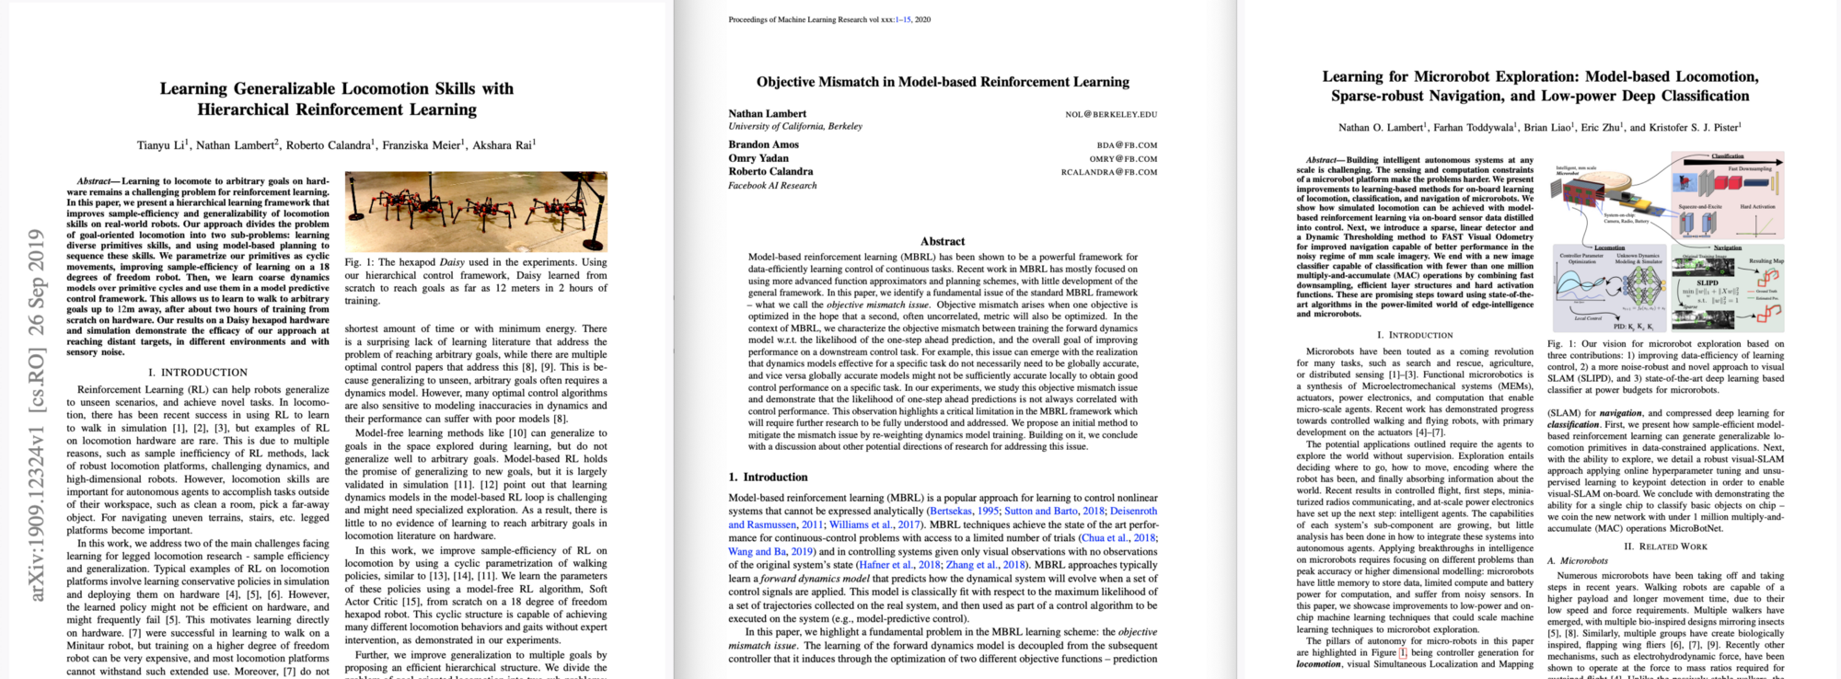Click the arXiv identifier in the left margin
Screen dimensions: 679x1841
[x=37, y=414]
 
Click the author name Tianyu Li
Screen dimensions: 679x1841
[x=162, y=145]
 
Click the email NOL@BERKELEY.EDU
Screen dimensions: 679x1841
[x=1111, y=114]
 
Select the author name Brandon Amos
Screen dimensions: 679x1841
[x=763, y=144]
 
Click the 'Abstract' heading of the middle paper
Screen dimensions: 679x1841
[x=943, y=241]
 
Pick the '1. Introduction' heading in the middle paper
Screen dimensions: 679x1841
[x=768, y=478]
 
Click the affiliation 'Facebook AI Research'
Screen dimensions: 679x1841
[x=772, y=186]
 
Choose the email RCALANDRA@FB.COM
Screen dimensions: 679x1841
[x=1108, y=172]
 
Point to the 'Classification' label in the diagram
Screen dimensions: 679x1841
[x=1727, y=156]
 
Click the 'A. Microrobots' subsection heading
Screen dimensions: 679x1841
[x=1577, y=561]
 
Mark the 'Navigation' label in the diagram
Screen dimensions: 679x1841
[x=1727, y=247]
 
